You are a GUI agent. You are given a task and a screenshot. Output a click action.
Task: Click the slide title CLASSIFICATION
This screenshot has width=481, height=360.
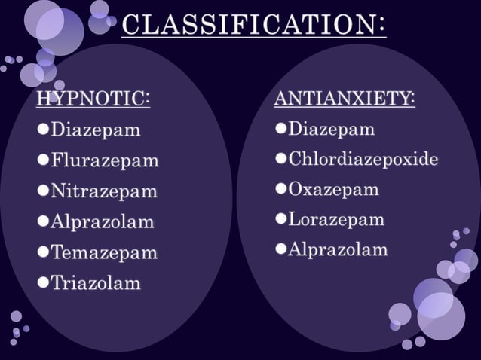(254, 26)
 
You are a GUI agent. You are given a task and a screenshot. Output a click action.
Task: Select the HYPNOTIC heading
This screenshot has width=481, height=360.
(93, 99)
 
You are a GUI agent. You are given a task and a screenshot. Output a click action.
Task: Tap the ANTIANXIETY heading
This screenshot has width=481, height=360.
(344, 99)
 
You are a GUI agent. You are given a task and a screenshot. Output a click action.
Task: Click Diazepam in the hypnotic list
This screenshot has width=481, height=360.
(95, 130)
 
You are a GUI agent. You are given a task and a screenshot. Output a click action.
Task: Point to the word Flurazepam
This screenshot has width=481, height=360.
(104, 160)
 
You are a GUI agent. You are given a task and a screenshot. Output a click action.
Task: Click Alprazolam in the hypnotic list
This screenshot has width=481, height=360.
(102, 222)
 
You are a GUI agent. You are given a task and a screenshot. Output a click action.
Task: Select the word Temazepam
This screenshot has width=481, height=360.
(103, 253)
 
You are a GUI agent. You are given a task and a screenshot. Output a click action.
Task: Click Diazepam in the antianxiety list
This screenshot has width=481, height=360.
(331, 129)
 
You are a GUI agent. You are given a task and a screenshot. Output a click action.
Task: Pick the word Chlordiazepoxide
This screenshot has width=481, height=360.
(363, 160)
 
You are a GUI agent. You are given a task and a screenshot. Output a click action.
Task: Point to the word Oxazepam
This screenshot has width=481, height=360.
(333, 189)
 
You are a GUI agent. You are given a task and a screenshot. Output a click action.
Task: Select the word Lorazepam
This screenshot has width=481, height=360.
(335, 219)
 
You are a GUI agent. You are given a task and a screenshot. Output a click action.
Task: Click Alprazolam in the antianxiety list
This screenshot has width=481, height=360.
(338, 249)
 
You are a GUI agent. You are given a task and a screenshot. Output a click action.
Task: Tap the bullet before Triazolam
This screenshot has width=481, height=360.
(43, 284)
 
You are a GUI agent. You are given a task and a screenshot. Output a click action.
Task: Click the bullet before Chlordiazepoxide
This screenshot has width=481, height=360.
(280, 160)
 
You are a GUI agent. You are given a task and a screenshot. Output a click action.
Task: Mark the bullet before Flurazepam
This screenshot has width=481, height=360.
(43, 160)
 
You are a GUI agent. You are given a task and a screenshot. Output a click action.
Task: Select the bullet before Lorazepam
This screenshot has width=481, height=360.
(280, 219)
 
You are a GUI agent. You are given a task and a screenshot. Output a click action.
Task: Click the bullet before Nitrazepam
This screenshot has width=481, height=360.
(43, 191)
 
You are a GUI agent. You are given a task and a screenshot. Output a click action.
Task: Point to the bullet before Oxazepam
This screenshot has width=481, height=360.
(280, 189)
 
